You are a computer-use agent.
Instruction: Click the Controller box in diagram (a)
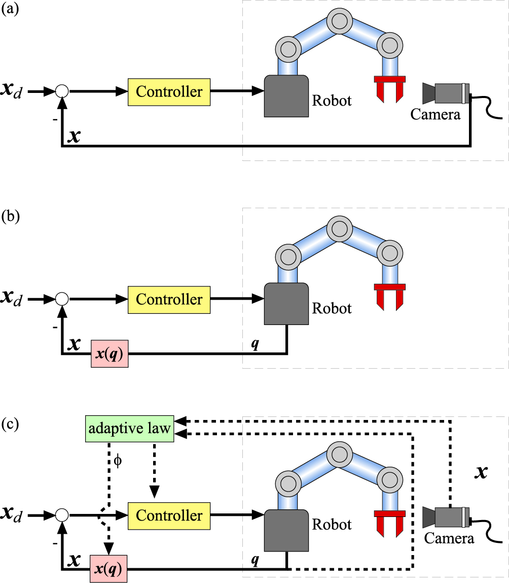(169, 92)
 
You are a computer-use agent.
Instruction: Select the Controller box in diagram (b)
(169, 299)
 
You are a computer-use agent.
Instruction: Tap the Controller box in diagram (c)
(169, 515)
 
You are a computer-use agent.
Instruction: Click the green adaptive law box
(130, 429)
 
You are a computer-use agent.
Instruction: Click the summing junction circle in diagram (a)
(61, 92)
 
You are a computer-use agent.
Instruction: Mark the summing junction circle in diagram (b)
(61, 299)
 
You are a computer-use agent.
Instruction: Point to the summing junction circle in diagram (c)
(61, 515)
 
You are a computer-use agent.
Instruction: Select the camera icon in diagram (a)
(446, 93)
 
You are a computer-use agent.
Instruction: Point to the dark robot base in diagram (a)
(286, 95)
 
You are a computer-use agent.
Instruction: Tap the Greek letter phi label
(118, 463)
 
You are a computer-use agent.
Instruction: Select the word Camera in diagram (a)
(435, 114)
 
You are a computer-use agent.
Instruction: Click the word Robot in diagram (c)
(332, 524)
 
